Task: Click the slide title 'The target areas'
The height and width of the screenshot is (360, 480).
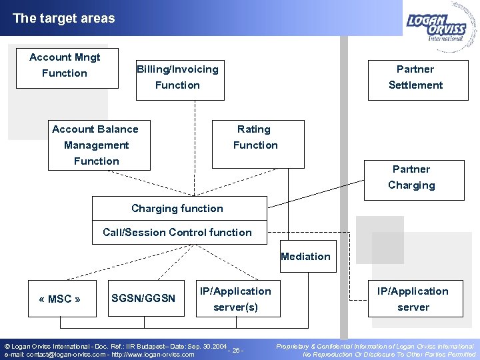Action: click(x=63, y=19)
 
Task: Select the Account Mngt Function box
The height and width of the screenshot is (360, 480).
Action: click(x=65, y=65)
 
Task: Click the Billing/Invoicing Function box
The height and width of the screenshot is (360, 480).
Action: click(x=177, y=77)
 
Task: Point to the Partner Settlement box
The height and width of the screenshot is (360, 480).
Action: click(x=415, y=77)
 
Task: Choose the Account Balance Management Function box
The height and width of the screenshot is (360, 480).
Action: click(x=97, y=145)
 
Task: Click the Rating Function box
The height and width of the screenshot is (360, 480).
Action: click(x=255, y=137)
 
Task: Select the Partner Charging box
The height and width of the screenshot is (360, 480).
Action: click(x=411, y=177)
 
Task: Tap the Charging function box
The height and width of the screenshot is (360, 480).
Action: click(x=177, y=209)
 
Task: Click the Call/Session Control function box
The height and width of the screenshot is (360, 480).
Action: click(x=177, y=233)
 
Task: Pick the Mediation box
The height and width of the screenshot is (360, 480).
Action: click(x=305, y=257)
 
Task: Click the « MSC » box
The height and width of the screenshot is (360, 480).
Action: click(x=60, y=299)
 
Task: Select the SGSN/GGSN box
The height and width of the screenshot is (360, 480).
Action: click(x=143, y=299)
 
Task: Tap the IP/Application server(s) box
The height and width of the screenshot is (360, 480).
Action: click(x=235, y=299)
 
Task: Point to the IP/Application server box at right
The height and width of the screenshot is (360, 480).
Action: click(x=413, y=299)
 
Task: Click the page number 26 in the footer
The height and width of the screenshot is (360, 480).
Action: click(x=237, y=350)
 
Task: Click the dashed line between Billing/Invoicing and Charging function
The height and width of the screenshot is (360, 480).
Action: click(x=194, y=147)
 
